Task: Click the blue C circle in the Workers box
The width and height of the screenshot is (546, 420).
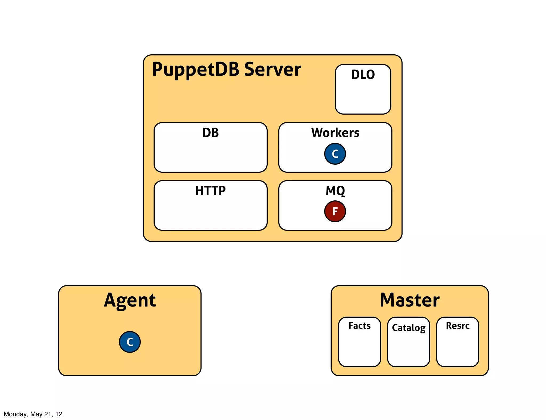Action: [x=335, y=154]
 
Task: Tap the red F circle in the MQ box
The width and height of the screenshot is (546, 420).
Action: [x=335, y=211]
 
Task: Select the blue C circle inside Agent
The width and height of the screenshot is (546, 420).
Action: [x=130, y=342]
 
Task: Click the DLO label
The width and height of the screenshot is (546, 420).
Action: [x=363, y=75]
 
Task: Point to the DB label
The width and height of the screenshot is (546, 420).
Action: [x=210, y=133]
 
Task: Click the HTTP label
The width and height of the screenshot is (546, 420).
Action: [x=210, y=191]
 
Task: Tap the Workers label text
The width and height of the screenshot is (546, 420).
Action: [x=335, y=133]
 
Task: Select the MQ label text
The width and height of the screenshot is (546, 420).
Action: [x=335, y=191]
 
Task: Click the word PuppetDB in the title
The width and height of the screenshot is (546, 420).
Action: [x=196, y=69]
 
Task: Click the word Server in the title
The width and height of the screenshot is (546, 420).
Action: [x=272, y=69]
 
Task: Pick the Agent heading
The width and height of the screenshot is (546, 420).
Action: [x=130, y=300]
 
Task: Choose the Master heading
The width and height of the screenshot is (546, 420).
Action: [x=409, y=300]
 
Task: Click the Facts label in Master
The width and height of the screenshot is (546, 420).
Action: [x=359, y=326]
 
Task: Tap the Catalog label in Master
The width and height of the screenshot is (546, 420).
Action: [x=408, y=328]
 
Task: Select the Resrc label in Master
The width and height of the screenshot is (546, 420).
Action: [x=457, y=326]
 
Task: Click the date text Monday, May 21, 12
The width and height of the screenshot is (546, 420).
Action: [x=33, y=414]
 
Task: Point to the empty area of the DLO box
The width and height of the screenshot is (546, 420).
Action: [x=363, y=97]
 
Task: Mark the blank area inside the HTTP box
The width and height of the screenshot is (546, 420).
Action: [x=210, y=213]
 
